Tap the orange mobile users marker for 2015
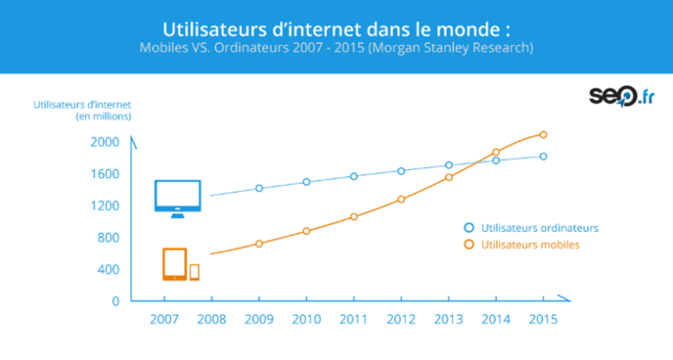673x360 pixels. tap(543, 135)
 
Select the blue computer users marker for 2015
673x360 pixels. tap(543, 157)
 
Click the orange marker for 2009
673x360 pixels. tap(259, 244)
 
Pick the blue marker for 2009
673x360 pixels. tap(259, 188)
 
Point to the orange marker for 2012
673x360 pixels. tap(401, 199)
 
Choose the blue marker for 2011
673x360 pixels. tap(354, 176)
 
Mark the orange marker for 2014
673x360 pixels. tap(496, 152)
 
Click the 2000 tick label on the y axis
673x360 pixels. tap(104, 142)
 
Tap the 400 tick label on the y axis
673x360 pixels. tap(109, 269)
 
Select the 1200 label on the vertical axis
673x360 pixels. tap(104, 206)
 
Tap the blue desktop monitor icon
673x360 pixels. tap(178, 198)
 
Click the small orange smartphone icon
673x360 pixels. tap(195, 272)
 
